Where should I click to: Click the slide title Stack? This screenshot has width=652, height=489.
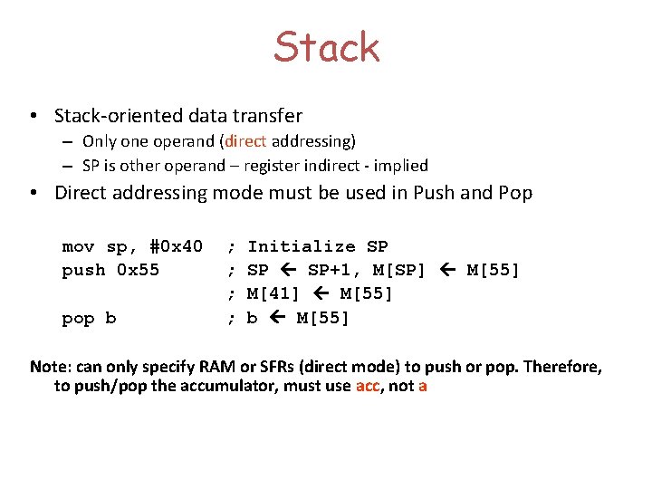pyautogui.click(x=326, y=47)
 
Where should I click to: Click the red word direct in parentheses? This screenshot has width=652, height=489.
pyautogui.click(x=244, y=141)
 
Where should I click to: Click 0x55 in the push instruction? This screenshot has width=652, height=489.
pyautogui.click(x=137, y=270)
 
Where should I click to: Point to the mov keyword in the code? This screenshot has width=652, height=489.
pyautogui.click(x=78, y=246)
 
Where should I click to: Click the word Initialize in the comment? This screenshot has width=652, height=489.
pyautogui.click(x=302, y=246)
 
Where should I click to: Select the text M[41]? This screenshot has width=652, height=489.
pyautogui.click(x=273, y=293)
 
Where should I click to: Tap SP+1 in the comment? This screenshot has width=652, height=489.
pyautogui.click(x=332, y=270)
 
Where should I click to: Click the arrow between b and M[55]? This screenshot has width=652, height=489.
pyautogui.click(x=277, y=318)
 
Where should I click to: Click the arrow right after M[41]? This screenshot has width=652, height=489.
pyautogui.click(x=319, y=293)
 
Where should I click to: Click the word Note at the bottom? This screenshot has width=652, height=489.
pyautogui.click(x=49, y=367)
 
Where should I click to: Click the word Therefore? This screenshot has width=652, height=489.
pyautogui.click(x=563, y=367)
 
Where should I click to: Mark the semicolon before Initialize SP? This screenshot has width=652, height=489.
pyautogui.click(x=232, y=246)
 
